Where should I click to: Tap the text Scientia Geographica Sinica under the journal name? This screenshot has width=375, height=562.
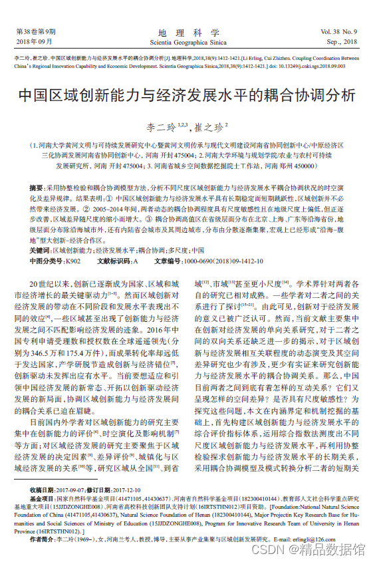188,41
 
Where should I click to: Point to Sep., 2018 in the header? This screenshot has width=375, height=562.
342,41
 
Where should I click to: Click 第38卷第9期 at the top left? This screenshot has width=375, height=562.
35,31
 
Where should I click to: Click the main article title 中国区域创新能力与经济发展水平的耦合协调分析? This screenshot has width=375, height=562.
187,94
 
